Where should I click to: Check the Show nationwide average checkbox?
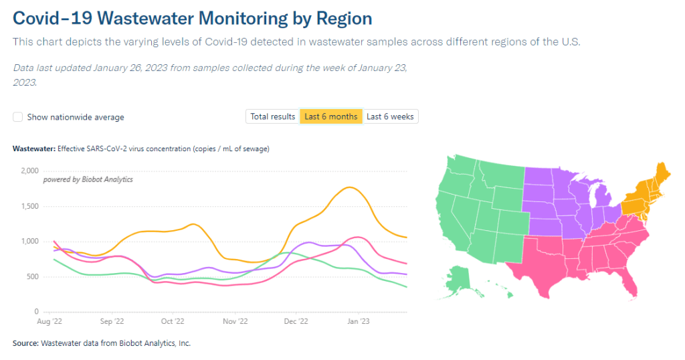tap(18, 117)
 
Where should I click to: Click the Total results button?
tap(272, 116)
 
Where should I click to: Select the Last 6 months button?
tap(330, 116)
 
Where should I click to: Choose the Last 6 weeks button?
tap(390, 116)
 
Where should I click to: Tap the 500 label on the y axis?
tap(33, 276)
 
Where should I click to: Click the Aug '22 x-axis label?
tap(54, 322)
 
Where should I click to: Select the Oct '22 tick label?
tap(173, 322)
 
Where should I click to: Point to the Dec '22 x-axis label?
tap(294, 322)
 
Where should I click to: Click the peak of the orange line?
tap(350, 187)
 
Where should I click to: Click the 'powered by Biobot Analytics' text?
tap(88, 179)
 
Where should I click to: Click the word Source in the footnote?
tap(25, 343)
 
